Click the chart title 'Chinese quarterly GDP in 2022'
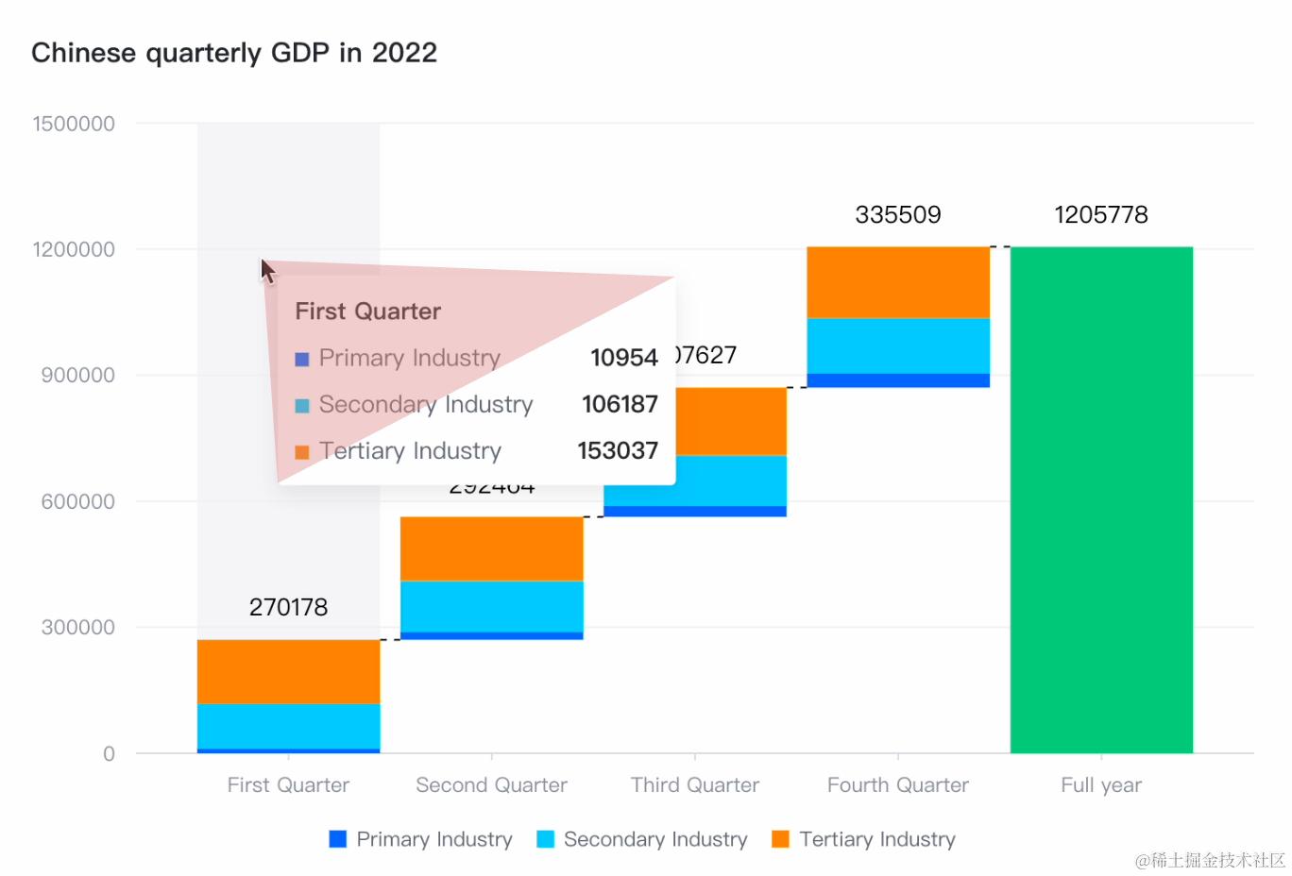[234, 53]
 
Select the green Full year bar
[1101, 500]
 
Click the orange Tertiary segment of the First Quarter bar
[288, 671]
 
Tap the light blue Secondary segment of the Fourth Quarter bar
[897, 345]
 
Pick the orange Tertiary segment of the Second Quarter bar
[491, 547]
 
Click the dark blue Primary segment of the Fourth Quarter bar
[897, 380]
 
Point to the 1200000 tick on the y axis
[74, 249]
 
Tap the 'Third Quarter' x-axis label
[694, 784]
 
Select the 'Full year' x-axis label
[1100, 784]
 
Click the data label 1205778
[1100, 214]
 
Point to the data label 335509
[897, 214]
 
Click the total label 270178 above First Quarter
[288, 607]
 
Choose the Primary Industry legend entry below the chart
[420, 839]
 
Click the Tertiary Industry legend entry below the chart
[863, 839]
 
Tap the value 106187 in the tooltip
[620, 404]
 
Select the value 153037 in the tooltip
[618, 450]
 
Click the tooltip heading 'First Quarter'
[367, 312]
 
